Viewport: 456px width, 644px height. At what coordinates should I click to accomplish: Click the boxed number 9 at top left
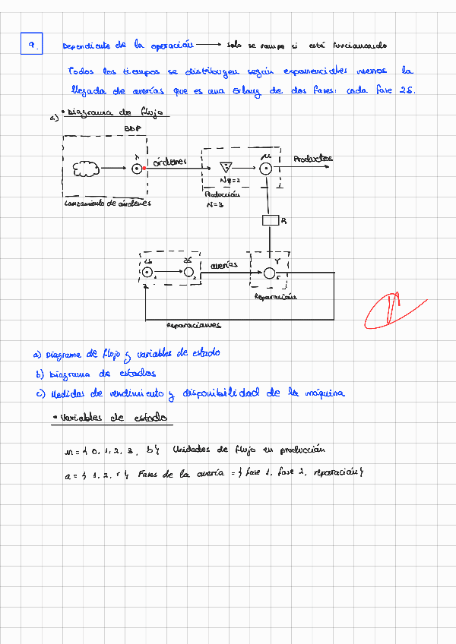[x=32, y=46]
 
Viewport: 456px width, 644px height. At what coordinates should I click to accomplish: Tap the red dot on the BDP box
[x=144, y=169]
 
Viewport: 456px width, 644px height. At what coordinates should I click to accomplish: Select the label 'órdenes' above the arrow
[x=169, y=161]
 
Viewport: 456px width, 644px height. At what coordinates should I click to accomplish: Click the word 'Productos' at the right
[x=312, y=159]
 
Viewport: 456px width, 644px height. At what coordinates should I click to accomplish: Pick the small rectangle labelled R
[x=270, y=221]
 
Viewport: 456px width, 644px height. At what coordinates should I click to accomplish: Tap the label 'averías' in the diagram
[x=223, y=264]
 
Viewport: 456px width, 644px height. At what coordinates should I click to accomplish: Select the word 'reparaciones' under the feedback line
[x=193, y=325]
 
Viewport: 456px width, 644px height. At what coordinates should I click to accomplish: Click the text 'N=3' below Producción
[x=214, y=204]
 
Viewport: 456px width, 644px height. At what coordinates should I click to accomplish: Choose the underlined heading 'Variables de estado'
[x=114, y=418]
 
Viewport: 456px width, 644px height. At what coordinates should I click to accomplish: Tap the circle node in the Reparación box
[x=270, y=273]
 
